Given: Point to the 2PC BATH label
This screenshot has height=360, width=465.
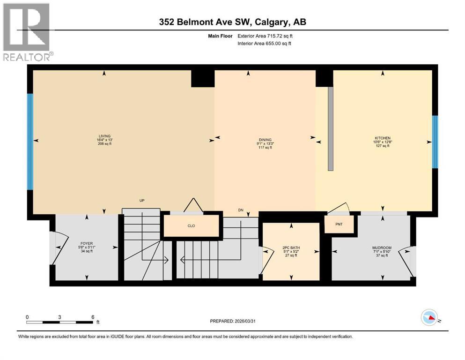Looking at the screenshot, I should [x=291, y=247].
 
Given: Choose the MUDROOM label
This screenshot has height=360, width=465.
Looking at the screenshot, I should [x=382, y=248].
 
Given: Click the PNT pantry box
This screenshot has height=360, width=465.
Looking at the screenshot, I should [x=339, y=224].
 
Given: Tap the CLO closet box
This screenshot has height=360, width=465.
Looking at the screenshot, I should [x=191, y=225].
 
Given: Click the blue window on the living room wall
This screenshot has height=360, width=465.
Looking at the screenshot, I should [x=30, y=142].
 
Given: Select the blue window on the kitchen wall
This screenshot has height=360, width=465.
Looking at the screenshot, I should [x=435, y=142].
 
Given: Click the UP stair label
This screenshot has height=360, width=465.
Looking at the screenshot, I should [x=142, y=201].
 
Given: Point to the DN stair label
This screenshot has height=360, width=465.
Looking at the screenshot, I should [x=240, y=210].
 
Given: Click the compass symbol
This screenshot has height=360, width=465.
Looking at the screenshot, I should [x=429, y=318].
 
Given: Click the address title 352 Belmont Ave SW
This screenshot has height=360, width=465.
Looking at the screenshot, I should [x=232, y=22].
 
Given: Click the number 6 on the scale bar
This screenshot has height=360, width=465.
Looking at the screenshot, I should [x=93, y=316].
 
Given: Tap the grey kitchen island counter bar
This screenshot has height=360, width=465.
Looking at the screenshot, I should [x=330, y=128].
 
